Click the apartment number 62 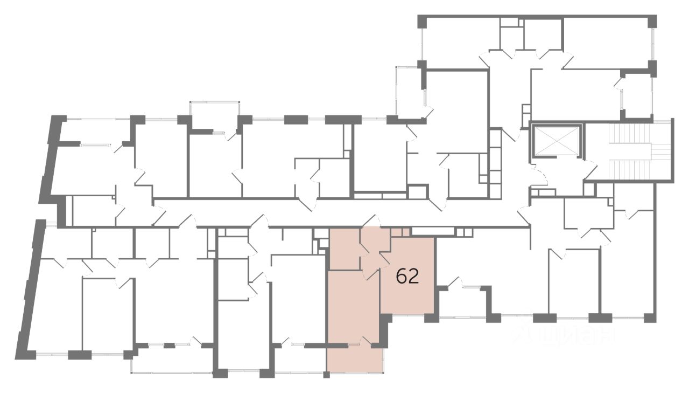tap(407, 276)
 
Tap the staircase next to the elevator tap(630, 151)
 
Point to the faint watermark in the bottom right tap(565, 335)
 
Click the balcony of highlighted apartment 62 tap(355, 358)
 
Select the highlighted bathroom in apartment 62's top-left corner tap(344, 249)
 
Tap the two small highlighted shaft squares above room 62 tap(401, 232)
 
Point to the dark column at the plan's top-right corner tap(652, 21)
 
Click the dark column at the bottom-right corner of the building tap(650, 318)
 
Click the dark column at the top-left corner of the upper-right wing tap(423, 21)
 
